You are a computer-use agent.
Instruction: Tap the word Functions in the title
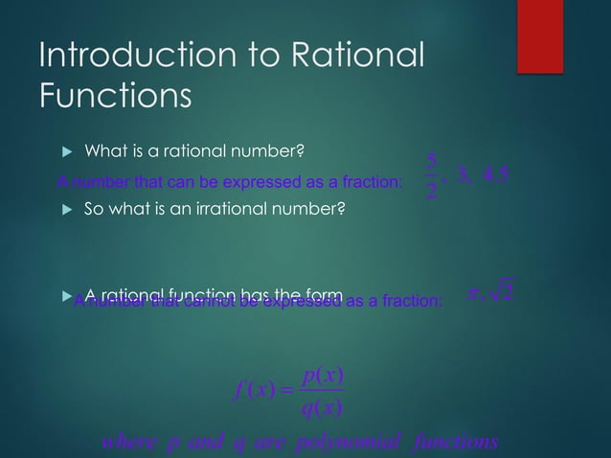point(115,97)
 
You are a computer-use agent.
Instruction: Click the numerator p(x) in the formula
point(323,377)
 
